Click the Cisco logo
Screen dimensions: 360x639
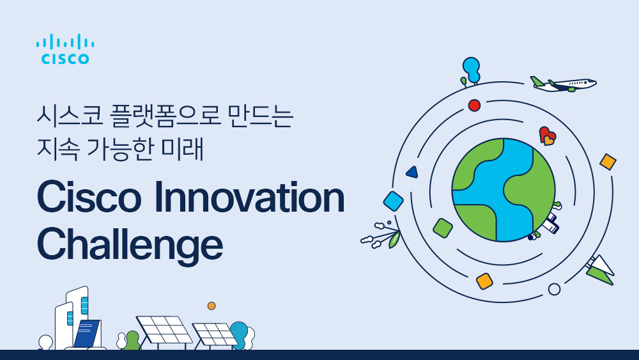[x=65, y=50]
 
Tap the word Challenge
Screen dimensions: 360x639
[x=130, y=245]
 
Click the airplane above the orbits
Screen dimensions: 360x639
[x=564, y=84]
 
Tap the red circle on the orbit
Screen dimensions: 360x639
[x=474, y=106]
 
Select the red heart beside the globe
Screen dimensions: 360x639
[x=546, y=135]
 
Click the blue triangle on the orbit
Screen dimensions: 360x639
[x=412, y=172]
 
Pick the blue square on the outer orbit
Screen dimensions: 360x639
[x=394, y=201]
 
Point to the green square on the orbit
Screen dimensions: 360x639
[x=443, y=228]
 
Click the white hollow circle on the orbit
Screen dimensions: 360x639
[x=554, y=289]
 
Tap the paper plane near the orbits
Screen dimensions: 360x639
[x=601, y=270]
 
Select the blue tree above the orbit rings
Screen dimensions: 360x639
[x=471, y=69]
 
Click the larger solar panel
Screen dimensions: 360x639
[x=164, y=329]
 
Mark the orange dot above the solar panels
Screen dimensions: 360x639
[x=212, y=306]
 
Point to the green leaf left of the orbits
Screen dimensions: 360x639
[x=394, y=240]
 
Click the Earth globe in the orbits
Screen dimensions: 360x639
[x=503, y=190]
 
